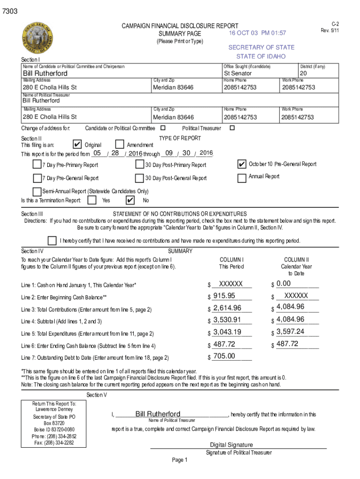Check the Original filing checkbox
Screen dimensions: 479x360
[x=78, y=145]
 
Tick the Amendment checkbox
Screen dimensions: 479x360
[x=119, y=145]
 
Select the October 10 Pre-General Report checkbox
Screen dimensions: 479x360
[x=242, y=164]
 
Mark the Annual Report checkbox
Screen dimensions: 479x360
[x=242, y=178]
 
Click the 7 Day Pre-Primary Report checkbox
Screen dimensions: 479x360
[x=37, y=165]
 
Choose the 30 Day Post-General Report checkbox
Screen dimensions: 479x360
[x=139, y=178]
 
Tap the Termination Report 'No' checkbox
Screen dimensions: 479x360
[x=130, y=200]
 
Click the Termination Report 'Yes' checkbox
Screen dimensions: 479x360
[x=93, y=200]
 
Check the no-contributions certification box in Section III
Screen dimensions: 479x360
[x=52, y=240]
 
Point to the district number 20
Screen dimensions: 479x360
[x=303, y=73]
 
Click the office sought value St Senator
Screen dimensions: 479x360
[x=238, y=73]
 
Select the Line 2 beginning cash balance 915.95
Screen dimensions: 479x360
[x=224, y=296]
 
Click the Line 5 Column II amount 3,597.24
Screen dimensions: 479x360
[x=290, y=332]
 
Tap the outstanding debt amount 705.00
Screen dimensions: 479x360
[x=224, y=356]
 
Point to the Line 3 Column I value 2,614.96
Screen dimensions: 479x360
[x=227, y=308]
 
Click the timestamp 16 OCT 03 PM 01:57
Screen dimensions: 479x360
[x=257, y=33]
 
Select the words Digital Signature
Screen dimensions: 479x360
[x=231, y=445]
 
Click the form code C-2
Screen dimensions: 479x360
[x=335, y=24]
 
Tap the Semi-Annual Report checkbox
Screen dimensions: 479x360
[x=37, y=191]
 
